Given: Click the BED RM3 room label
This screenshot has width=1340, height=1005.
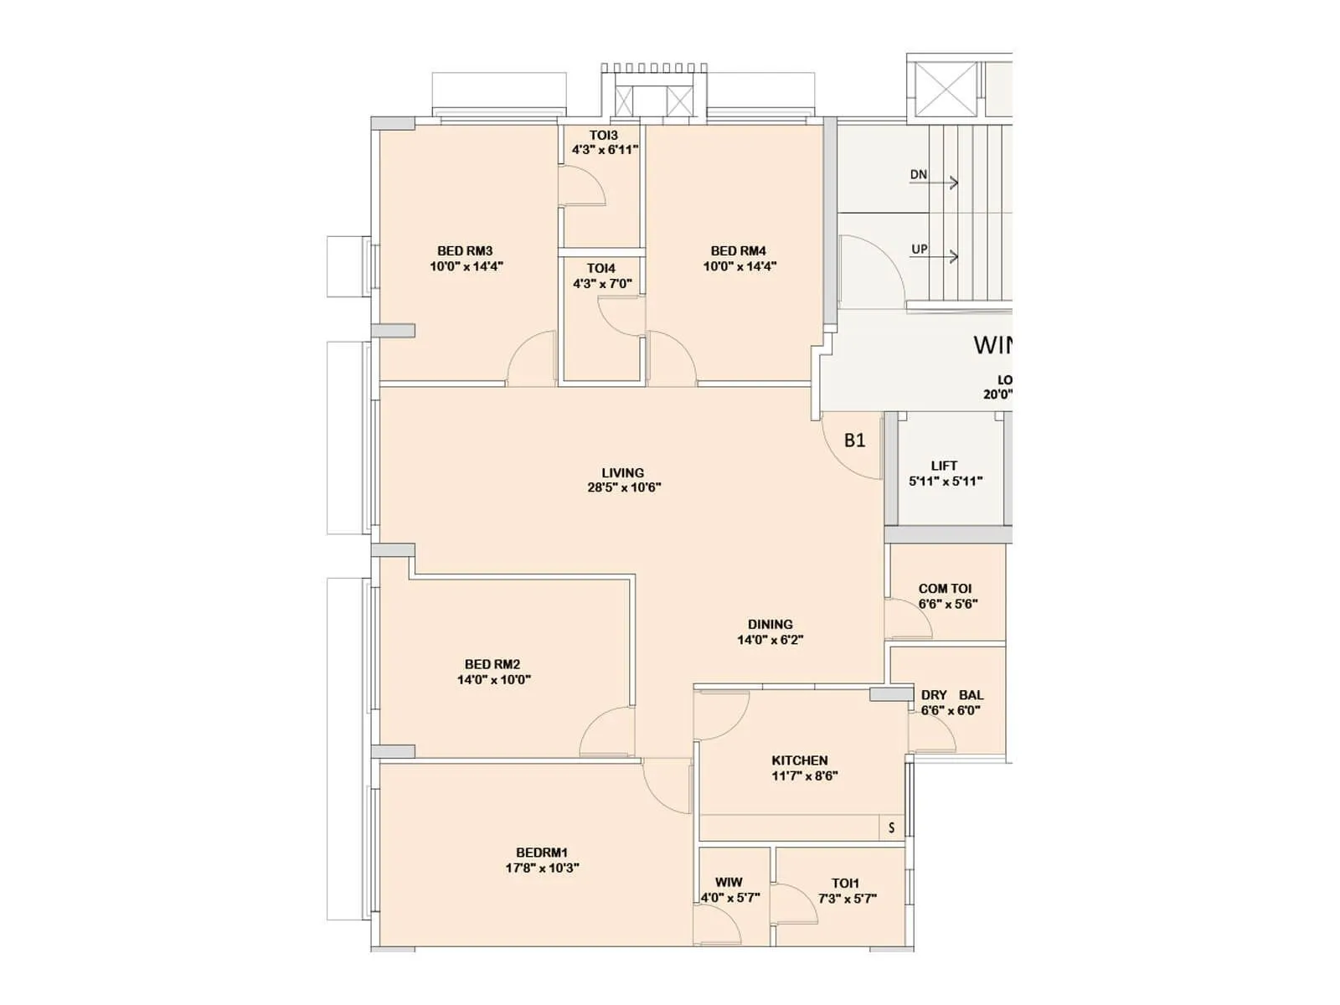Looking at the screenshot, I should click(465, 250).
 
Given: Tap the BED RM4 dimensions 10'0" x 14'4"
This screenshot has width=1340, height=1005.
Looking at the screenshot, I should click(739, 266).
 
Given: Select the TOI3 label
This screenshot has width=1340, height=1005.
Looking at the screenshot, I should click(603, 135).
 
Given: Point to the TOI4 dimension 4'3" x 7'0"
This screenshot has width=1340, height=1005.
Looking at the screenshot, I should click(602, 284).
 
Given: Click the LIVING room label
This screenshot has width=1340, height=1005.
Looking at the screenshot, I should click(622, 472).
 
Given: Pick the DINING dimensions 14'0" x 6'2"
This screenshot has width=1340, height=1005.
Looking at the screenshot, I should click(770, 640).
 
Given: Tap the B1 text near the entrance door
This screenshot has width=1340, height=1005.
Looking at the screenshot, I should click(854, 441).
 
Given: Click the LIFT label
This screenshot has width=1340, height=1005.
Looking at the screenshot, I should click(944, 466).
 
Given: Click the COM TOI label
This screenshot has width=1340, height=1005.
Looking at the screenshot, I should click(945, 589).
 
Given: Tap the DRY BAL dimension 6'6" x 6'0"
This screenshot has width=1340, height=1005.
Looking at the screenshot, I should click(951, 710).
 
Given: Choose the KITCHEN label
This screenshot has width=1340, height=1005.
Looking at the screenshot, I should click(800, 760).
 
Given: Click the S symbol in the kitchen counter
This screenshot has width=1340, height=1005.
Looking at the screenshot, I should click(891, 827).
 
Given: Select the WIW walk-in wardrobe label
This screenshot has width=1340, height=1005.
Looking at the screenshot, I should click(728, 883).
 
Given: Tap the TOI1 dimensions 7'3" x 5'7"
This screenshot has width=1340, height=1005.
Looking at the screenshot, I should click(847, 899).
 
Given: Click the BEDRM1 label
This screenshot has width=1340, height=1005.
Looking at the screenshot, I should click(541, 853).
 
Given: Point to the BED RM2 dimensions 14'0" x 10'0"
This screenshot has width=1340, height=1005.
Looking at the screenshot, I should click(493, 680).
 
